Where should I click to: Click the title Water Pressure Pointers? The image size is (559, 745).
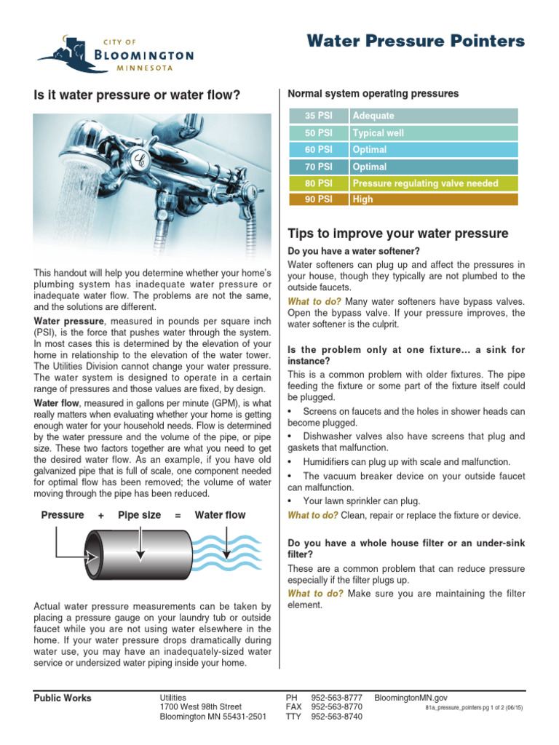pyautogui.click(x=416, y=41)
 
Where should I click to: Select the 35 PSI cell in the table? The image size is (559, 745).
pyautogui.click(x=318, y=116)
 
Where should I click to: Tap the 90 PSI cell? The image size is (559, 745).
pyautogui.click(x=318, y=199)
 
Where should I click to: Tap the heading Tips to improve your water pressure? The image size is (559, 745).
pyautogui.click(x=397, y=234)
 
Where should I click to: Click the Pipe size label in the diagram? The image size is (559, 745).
pyautogui.click(x=140, y=515)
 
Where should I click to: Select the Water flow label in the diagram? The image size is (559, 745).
pyautogui.click(x=220, y=515)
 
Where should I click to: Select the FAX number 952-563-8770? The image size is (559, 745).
pyautogui.click(x=336, y=706)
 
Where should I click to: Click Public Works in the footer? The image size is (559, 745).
pyautogui.click(x=63, y=698)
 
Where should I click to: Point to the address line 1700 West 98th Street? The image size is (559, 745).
pyautogui.click(x=200, y=706)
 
